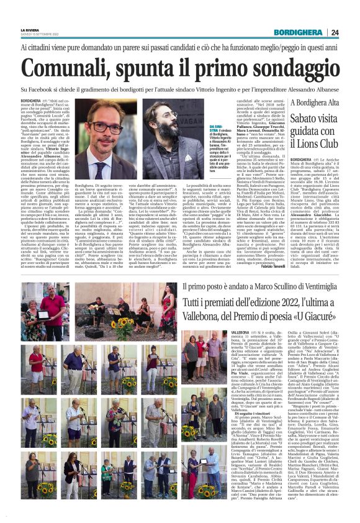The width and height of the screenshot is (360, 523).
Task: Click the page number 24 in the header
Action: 351,33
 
